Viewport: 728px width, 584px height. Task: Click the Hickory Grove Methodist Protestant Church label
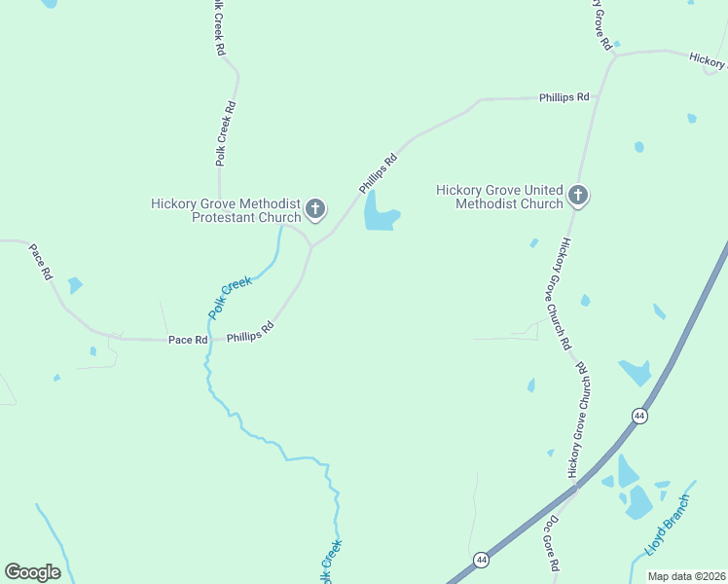(226, 210)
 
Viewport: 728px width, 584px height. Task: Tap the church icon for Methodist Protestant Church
(315, 208)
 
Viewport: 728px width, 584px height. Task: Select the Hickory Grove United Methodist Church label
(499, 197)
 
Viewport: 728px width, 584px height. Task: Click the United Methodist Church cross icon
(577, 197)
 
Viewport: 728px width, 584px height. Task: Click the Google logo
(32, 572)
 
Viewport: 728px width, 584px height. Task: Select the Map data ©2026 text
(686, 576)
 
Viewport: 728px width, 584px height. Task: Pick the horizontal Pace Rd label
(188, 340)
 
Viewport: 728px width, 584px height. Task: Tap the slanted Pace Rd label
(40, 262)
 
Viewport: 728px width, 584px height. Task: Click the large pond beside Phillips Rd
(379, 213)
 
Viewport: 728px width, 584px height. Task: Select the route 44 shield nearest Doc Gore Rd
(481, 559)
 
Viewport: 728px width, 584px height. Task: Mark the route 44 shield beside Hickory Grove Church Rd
(639, 416)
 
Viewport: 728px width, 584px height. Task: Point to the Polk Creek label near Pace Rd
(231, 298)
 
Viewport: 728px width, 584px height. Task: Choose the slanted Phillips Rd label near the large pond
(379, 173)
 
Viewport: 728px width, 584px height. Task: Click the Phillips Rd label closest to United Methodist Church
(564, 97)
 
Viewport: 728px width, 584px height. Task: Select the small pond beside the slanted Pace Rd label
(75, 285)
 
